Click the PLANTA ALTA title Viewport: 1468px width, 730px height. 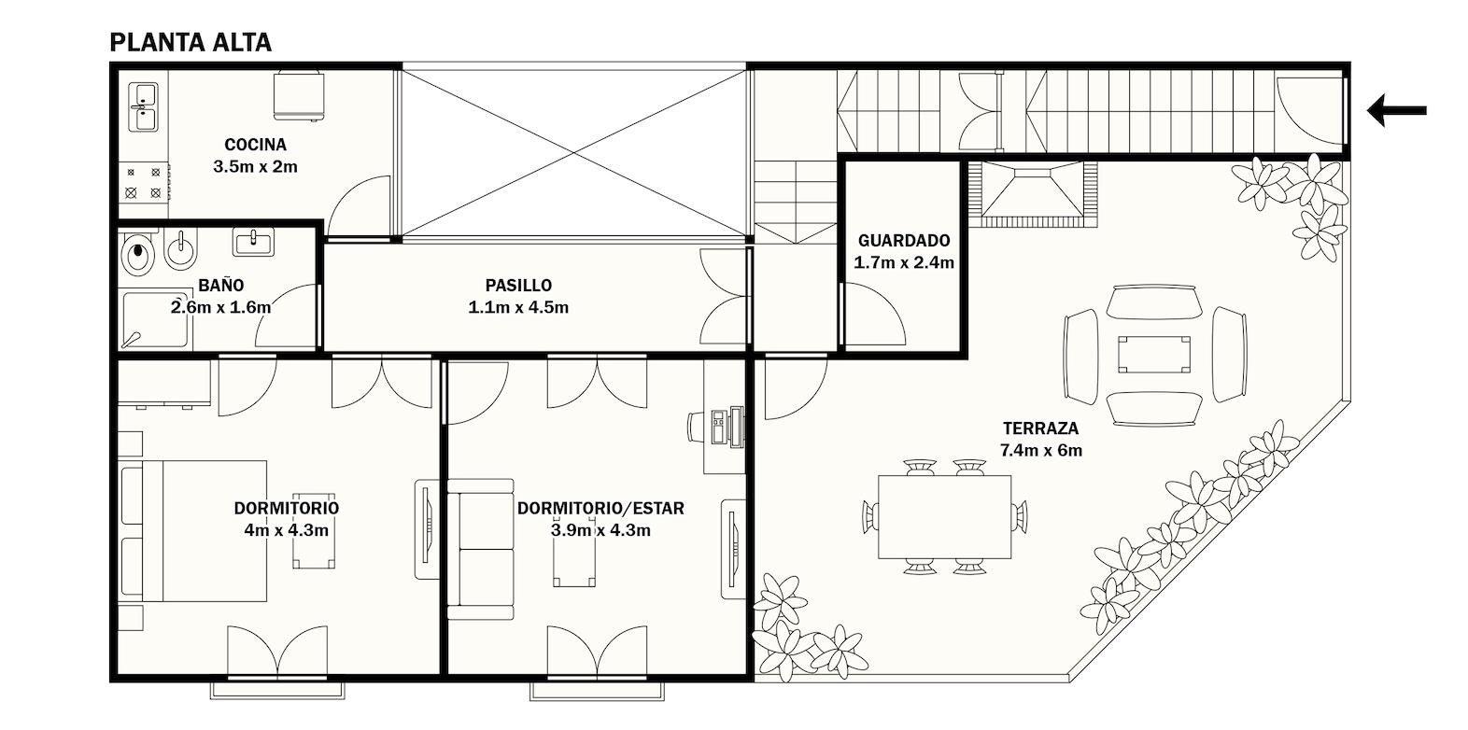click(191, 43)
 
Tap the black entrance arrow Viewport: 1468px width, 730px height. click(1397, 110)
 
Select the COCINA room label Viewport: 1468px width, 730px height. click(255, 144)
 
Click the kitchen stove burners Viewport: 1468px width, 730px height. click(144, 183)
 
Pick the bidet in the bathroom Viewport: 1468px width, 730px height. click(179, 250)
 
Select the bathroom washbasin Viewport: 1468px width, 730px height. click(254, 242)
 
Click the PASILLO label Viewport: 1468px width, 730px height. click(518, 285)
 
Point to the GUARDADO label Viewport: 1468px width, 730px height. click(904, 241)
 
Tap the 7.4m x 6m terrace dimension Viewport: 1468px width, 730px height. click(1040, 450)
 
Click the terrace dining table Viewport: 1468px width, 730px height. click(944, 517)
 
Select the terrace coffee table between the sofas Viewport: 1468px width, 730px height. click(1153, 355)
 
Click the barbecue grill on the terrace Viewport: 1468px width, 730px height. click(1034, 193)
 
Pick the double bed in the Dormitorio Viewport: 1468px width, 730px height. click(194, 531)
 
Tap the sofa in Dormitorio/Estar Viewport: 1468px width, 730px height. click(480, 549)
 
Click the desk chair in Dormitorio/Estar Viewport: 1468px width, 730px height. click(699, 428)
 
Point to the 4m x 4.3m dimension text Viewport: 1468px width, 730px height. click(287, 530)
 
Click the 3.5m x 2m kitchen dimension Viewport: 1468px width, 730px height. click(255, 166)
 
